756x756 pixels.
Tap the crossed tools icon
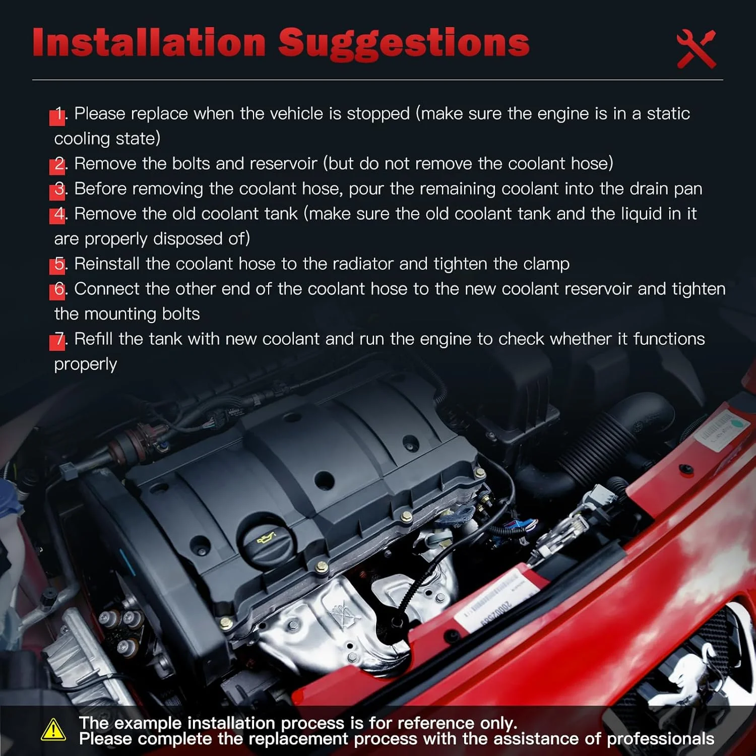pyautogui.click(x=697, y=49)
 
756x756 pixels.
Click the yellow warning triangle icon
pyautogui.click(x=53, y=730)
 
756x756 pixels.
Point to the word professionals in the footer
pyautogui.click(x=660, y=739)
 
